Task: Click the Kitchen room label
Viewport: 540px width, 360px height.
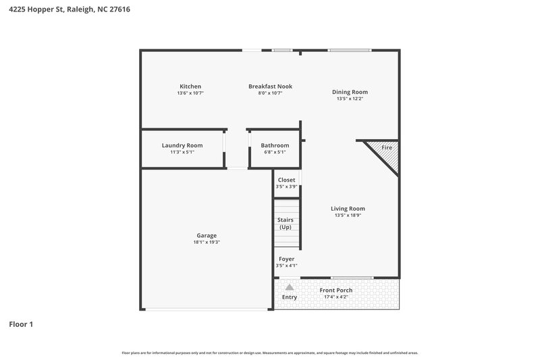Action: pyautogui.click(x=190, y=86)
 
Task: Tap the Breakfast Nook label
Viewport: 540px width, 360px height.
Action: pyautogui.click(x=270, y=86)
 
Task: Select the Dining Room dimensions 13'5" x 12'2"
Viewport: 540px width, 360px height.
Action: pyautogui.click(x=350, y=99)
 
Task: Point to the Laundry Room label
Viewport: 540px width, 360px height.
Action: pyautogui.click(x=182, y=145)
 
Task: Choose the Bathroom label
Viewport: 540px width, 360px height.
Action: pyautogui.click(x=275, y=145)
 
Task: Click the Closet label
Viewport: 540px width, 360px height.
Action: pyautogui.click(x=286, y=180)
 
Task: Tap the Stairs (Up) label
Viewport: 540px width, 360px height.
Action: pyautogui.click(x=286, y=224)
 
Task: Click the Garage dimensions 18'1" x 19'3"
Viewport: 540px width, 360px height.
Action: pyautogui.click(x=207, y=242)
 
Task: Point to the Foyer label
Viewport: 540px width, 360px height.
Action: pyautogui.click(x=286, y=259)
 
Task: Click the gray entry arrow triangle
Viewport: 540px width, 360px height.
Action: pyautogui.click(x=290, y=287)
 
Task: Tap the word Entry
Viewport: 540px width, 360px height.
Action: pyautogui.click(x=290, y=297)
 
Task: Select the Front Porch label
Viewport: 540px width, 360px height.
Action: pyautogui.click(x=335, y=290)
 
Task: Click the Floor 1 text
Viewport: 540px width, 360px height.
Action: pyautogui.click(x=21, y=325)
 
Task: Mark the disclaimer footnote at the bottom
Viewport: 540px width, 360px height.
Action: pyautogui.click(x=270, y=353)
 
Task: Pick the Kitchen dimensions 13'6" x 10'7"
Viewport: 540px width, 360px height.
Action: pyautogui.click(x=190, y=93)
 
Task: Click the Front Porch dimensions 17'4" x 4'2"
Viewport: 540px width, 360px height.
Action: pyautogui.click(x=335, y=297)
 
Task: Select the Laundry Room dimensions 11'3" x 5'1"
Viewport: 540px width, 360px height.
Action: pyautogui.click(x=182, y=152)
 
